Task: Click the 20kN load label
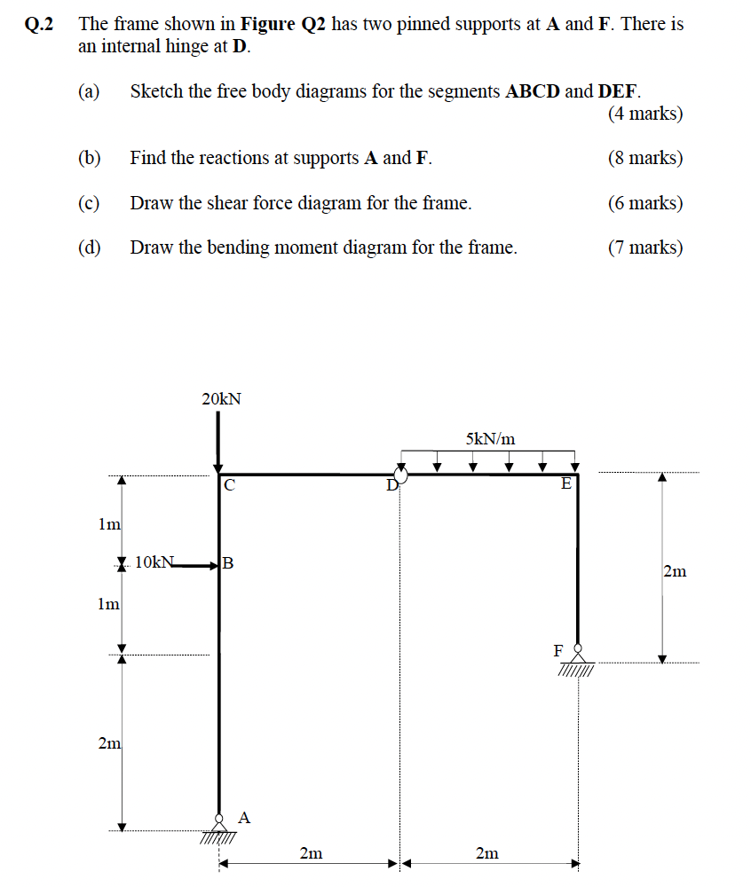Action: coord(221,400)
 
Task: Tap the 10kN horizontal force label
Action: coord(156,561)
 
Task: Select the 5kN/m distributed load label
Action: coord(490,438)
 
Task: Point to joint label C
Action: coord(229,485)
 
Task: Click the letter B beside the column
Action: coord(228,562)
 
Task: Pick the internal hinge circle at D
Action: coord(400,477)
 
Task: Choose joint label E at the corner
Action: coord(565,484)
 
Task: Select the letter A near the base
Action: coord(245,817)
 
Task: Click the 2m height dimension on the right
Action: coord(675,571)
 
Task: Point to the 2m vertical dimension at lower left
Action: coord(109,743)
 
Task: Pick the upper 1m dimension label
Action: coord(109,524)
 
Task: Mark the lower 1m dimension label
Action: coord(109,604)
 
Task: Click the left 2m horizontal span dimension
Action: coord(311,853)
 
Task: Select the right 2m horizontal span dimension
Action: coord(486,853)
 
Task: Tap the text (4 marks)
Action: coord(645,114)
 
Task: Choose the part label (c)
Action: coord(89,203)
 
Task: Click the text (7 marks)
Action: coord(645,247)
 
